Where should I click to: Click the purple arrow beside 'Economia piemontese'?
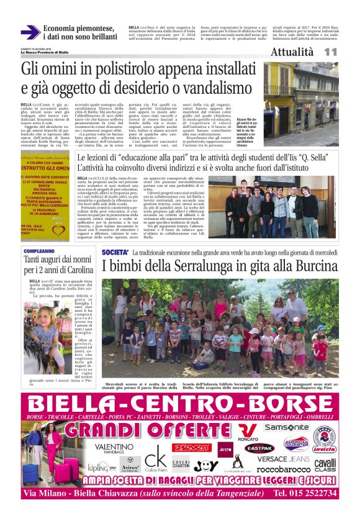[x=30, y=32]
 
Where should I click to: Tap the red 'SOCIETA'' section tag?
[x=115, y=253]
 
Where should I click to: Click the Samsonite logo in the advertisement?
[x=286, y=427]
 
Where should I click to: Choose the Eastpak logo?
[x=259, y=447]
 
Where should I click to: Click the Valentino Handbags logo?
[x=114, y=448]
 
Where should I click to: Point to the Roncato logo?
[x=248, y=432]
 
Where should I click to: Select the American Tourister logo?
[x=295, y=443]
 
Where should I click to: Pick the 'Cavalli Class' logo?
[x=324, y=465]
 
